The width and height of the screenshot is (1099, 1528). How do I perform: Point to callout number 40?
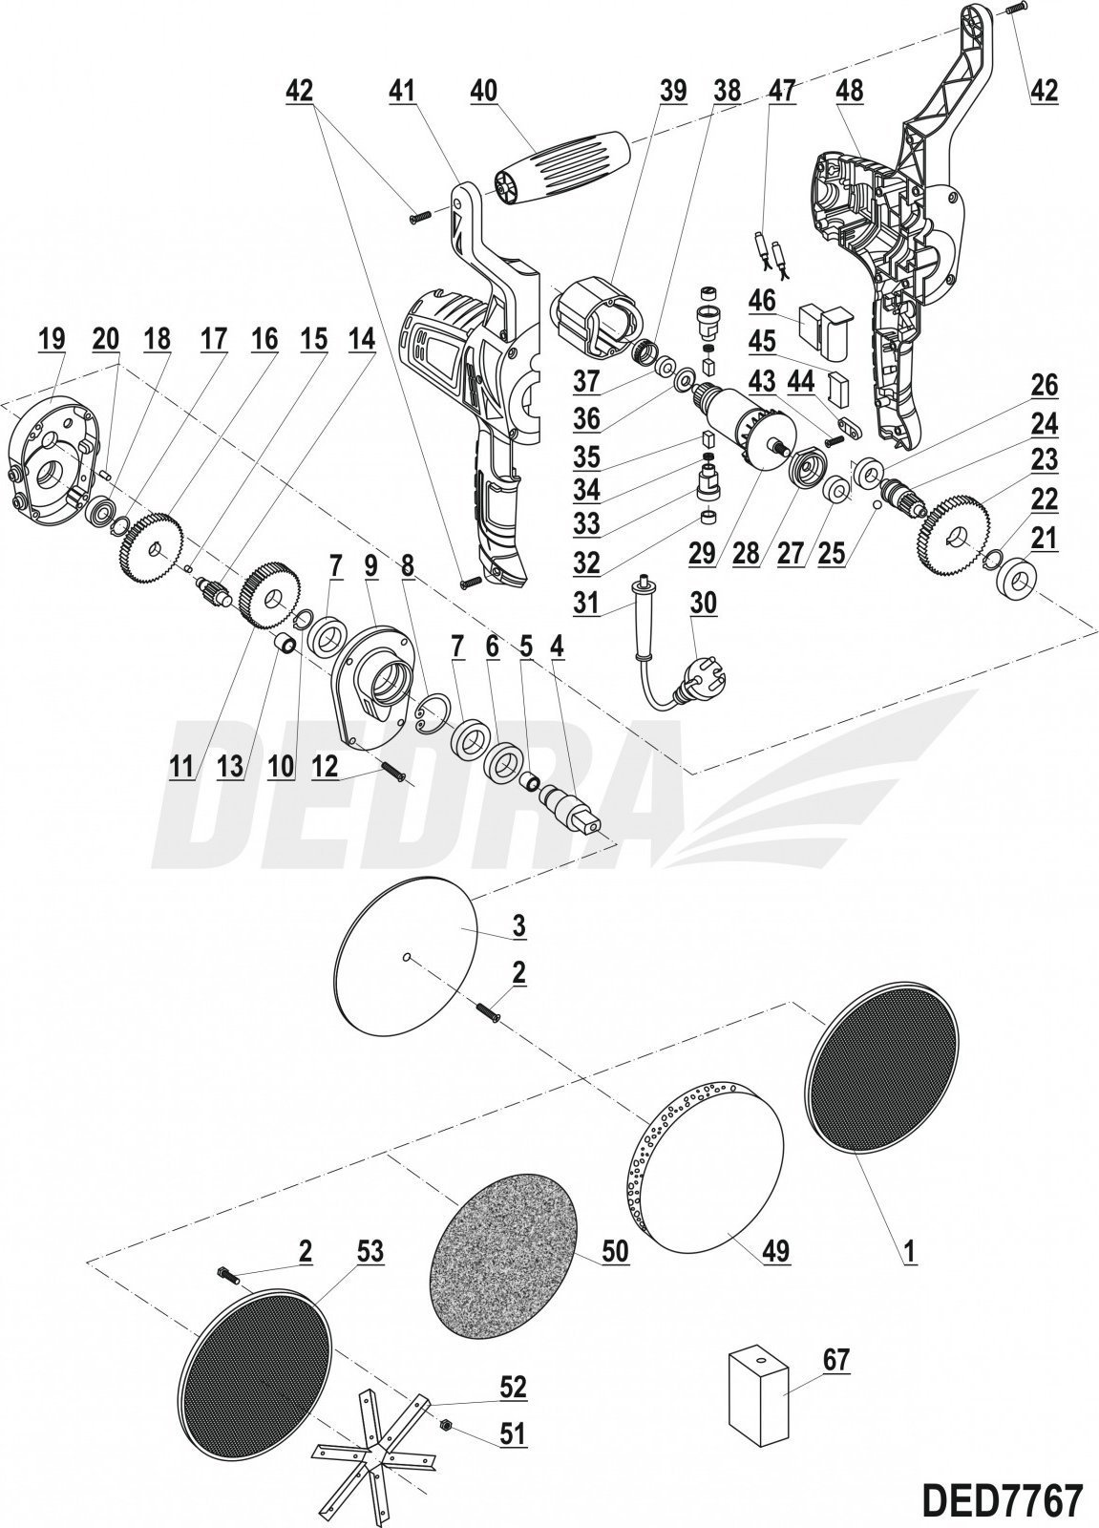coord(484,91)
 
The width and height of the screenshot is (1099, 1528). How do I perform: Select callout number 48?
coord(848,91)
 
